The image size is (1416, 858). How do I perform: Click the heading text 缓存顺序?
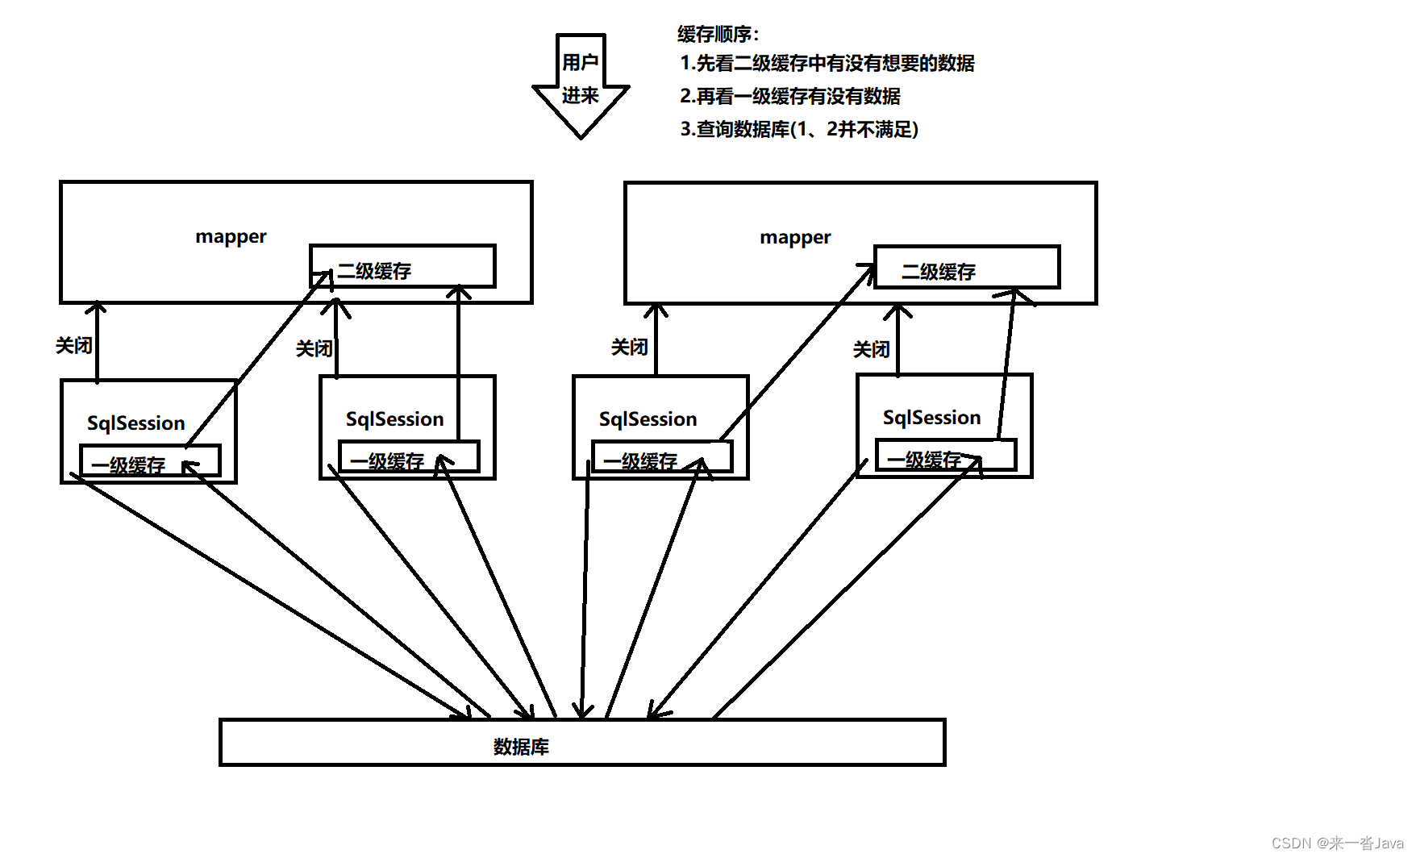[x=718, y=34]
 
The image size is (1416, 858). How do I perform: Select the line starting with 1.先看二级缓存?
[x=827, y=63]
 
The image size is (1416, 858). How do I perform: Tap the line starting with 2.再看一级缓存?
[x=789, y=96]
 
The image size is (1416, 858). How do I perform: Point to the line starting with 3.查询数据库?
[x=798, y=129]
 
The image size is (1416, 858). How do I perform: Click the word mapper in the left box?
[x=231, y=236]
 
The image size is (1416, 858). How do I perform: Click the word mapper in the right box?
[x=795, y=237]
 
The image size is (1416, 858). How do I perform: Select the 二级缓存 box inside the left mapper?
[x=402, y=267]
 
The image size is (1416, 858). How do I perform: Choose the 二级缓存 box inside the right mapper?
[x=966, y=268]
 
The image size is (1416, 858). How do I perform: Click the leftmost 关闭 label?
[x=73, y=345]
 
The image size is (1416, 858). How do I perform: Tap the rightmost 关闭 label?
[x=871, y=349]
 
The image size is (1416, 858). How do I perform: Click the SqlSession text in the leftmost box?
[x=135, y=423]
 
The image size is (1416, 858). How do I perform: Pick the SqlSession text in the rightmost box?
[x=931, y=417]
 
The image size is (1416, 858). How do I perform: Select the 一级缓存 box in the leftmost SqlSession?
[x=149, y=461]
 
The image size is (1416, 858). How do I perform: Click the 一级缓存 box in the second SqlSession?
[x=409, y=457]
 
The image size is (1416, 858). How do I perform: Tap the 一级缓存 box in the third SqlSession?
[x=661, y=457]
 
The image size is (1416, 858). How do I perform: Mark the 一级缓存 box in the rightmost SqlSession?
[x=945, y=456]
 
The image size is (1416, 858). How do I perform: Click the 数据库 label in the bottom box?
[x=521, y=747]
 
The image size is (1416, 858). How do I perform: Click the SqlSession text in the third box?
[x=648, y=419]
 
